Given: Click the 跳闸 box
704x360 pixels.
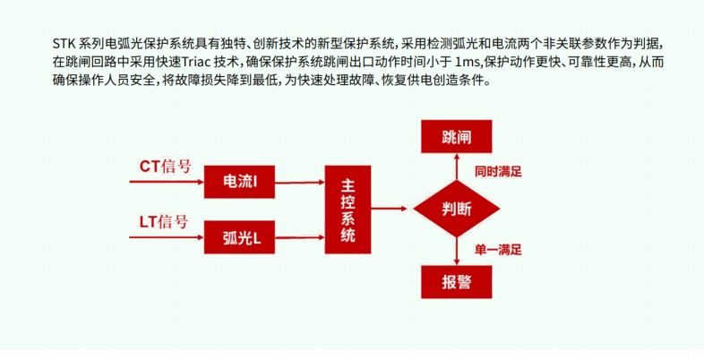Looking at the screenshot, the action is pos(456,136).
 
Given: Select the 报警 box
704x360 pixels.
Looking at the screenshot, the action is pos(456,282).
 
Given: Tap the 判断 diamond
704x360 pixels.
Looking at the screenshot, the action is pos(456,209).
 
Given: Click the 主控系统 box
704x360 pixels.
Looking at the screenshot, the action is pos(348,210).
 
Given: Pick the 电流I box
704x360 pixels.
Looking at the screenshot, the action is pos(239,182).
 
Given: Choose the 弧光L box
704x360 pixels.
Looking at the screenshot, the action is pos(239,237).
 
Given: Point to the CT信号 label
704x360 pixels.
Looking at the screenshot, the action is pos(165,167).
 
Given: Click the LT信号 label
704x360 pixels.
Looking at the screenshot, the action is pos(163,222).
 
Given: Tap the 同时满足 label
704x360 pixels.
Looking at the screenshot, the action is pos(498,172).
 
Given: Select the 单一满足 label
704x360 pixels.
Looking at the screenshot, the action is pos(498,250).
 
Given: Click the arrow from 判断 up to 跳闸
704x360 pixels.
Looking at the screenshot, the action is pos(457,167).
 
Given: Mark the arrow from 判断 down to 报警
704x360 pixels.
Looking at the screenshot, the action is pos(457,252).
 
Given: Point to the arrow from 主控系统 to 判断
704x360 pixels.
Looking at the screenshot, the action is pos(389,209).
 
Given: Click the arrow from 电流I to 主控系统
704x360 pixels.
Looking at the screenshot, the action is pos(300,183).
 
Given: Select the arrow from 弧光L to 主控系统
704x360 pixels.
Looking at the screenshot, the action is pos(300,237).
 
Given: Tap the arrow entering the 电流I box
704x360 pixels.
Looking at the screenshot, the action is pos(167,182).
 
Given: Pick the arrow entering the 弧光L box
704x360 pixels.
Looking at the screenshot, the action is pos(167,237).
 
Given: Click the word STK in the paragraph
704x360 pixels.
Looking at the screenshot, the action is pos(64,44).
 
